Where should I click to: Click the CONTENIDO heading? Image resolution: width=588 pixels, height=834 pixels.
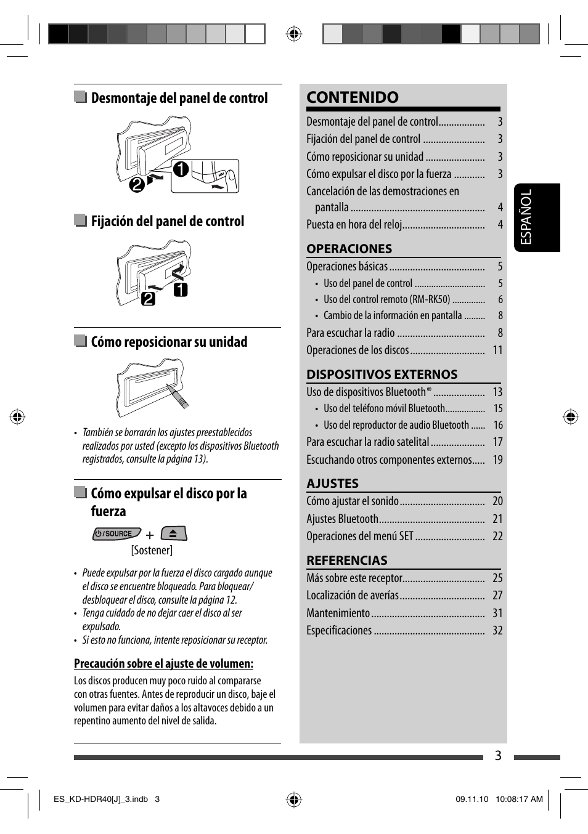(x=353, y=97)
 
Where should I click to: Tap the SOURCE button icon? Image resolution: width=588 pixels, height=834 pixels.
(x=116, y=533)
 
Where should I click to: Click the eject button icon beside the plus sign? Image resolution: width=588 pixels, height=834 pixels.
(x=174, y=533)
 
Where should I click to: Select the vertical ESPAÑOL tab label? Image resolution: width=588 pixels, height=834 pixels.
(x=526, y=217)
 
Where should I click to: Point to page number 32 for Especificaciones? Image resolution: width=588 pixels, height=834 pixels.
(x=497, y=630)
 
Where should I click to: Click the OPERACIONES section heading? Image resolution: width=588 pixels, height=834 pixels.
(x=349, y=249)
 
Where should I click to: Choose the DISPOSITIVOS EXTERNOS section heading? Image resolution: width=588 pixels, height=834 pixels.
(x=382, y=374)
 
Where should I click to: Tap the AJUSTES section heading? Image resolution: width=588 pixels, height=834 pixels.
(x=332, y=484)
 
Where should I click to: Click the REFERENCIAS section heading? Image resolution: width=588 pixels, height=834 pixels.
(x=347, y=561)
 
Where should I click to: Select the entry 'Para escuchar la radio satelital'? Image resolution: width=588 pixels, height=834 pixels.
(x=367, y=442)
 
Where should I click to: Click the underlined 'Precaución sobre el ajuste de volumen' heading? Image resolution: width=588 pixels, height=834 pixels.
(x=163, y=663)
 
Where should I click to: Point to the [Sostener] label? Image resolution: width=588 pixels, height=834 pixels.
(x=152, y=550)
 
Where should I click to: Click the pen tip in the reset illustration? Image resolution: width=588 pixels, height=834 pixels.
(x=169, y=387)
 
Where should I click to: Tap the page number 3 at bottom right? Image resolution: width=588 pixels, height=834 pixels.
(x=498, y=756)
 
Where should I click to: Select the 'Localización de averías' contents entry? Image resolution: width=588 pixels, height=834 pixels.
(x=353, y=595)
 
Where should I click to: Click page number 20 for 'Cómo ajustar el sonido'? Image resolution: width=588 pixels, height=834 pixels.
(x=497, y=501)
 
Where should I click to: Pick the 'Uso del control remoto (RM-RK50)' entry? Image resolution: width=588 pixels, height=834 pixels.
(x=386, y=299)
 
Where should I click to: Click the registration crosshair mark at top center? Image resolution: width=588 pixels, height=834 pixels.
(x=294, y=34)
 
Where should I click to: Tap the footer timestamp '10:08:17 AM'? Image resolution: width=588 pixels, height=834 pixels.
(x=519, y=799)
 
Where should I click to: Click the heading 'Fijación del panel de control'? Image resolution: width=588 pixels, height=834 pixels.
(x=167, y=221)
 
